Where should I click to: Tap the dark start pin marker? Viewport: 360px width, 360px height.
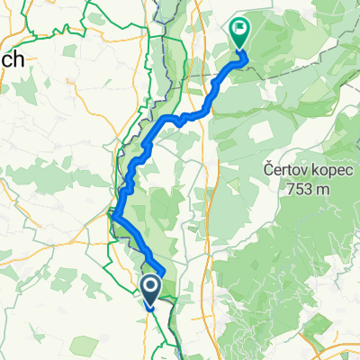[x=149, y=289]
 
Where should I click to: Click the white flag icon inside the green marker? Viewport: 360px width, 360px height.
[x=240, y=29]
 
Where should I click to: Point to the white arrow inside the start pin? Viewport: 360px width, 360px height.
[x=149, y=286]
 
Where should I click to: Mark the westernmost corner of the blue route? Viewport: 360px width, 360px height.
[x=112, y=213]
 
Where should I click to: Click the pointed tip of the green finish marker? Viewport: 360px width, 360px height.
[x=240, y=49]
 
